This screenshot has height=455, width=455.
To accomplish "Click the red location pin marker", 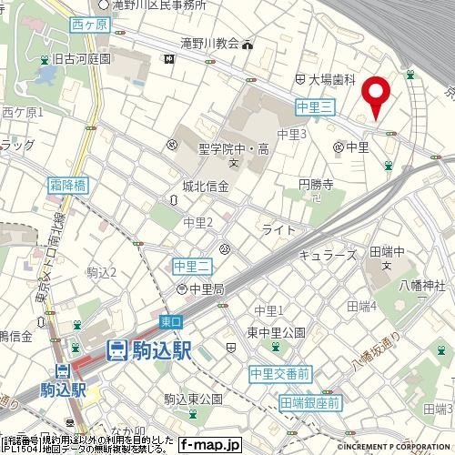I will (376, 96).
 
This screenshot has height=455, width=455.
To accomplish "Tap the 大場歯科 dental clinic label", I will (336, 80).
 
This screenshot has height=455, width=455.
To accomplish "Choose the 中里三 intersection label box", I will (317, 107).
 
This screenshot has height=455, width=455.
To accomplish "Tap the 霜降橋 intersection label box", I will (67, 184).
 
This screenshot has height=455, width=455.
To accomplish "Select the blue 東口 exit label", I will (171, 322).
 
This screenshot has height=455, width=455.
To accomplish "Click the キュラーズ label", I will (329, 257).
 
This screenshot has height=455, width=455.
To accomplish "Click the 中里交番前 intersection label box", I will (280, 373).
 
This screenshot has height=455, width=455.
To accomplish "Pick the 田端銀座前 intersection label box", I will (309, 402).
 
